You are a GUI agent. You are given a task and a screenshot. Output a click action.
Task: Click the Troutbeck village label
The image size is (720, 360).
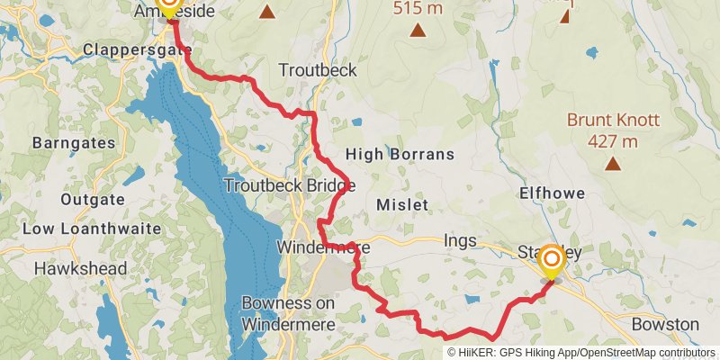[x=318, y=70]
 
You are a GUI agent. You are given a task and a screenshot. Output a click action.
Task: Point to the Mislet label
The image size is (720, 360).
[x=404, y=205]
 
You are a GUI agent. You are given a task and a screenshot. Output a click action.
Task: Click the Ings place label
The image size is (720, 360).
[x=459, y=241]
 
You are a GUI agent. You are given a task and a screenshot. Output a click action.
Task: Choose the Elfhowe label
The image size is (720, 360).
[x=553, y=193]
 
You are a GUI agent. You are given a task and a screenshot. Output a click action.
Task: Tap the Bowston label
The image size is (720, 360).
[x=665, y=324]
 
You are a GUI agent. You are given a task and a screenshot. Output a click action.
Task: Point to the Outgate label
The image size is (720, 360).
[x=92, y=199]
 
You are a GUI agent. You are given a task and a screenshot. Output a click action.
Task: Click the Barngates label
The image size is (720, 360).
[x=73, y=143]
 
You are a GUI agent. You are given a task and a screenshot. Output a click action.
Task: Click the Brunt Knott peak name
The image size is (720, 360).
[x=613, y=120]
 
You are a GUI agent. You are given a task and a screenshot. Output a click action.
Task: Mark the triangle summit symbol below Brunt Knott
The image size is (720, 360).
[x=613, y=163]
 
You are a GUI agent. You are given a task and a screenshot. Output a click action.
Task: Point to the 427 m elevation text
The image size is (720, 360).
[x=613, y=140]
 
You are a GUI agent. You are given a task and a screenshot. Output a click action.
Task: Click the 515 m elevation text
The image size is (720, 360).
[x=418, y=8]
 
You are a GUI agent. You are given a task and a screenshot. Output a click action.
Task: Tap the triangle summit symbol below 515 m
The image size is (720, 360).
[x=418, y=31]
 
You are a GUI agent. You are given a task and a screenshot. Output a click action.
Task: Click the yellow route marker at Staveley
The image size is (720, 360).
[x=551, y=262]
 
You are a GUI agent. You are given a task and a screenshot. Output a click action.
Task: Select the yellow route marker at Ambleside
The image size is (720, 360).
[x=168, y=4]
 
